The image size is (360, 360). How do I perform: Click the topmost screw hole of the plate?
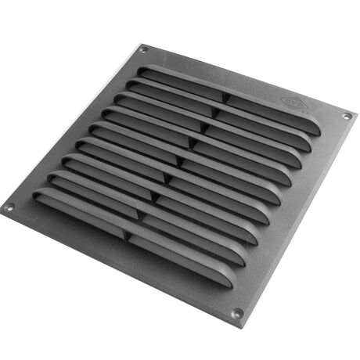[143, 49]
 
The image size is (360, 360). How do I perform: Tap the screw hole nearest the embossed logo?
[346, 117]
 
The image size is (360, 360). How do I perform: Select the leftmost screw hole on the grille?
[9, 208]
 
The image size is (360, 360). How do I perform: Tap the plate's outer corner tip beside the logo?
[357, 111]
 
